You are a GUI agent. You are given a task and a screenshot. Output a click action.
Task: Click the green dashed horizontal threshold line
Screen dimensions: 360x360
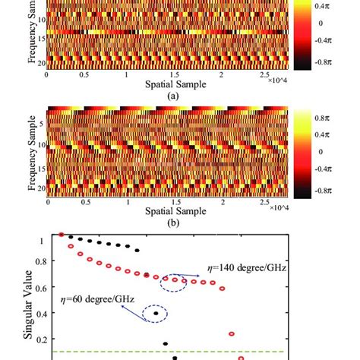click(152, 352)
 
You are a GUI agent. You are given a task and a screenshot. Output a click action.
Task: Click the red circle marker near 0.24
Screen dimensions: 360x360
click(232, 333)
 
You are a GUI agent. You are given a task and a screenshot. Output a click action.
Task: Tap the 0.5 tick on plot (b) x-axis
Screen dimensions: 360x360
click(90, 204)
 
